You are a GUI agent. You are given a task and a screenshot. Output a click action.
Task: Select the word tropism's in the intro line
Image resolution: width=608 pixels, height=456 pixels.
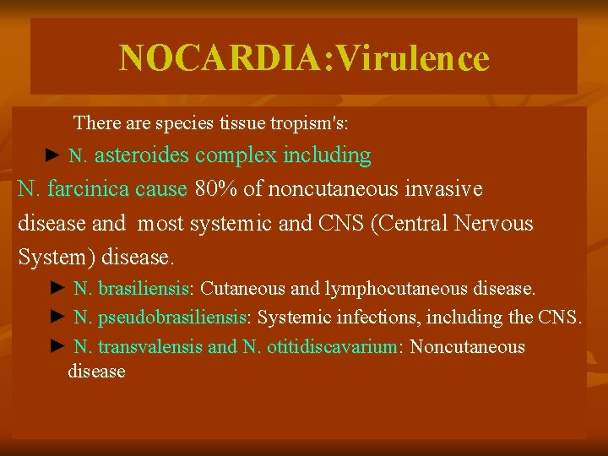point(309,123)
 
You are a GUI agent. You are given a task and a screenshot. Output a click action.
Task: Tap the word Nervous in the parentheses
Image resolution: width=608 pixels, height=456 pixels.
point(494,223)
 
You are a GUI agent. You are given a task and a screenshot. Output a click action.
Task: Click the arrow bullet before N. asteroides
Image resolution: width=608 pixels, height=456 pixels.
point(52,156)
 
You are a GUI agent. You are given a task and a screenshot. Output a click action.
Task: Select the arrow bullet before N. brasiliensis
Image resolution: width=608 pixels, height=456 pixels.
point(57,289)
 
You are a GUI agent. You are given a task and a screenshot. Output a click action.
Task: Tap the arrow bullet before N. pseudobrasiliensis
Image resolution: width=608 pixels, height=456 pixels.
point(57,318)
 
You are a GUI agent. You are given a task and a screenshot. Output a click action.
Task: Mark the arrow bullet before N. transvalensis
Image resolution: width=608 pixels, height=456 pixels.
point(57,346)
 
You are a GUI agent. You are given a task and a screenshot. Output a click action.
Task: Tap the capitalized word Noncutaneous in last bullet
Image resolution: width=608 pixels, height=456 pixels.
point(467,346)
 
